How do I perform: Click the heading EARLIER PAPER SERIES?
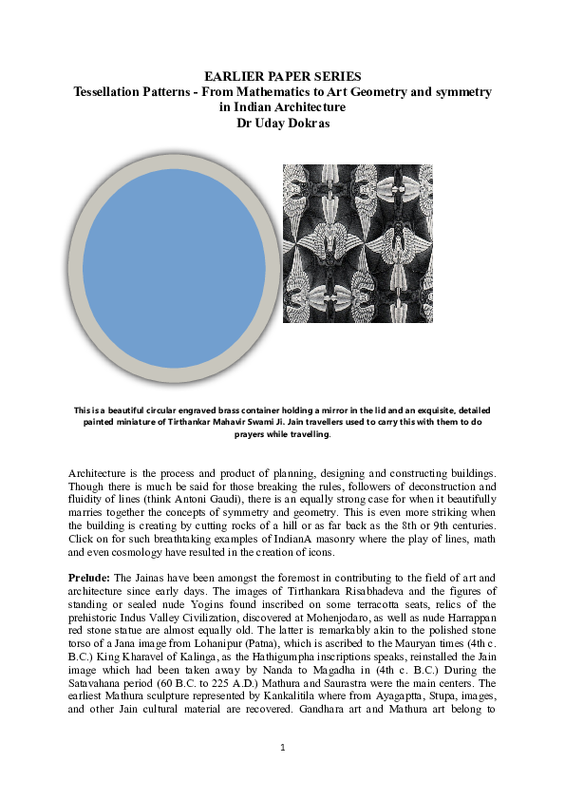tap(282, 76)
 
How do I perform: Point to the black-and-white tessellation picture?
tap(358, 243)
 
